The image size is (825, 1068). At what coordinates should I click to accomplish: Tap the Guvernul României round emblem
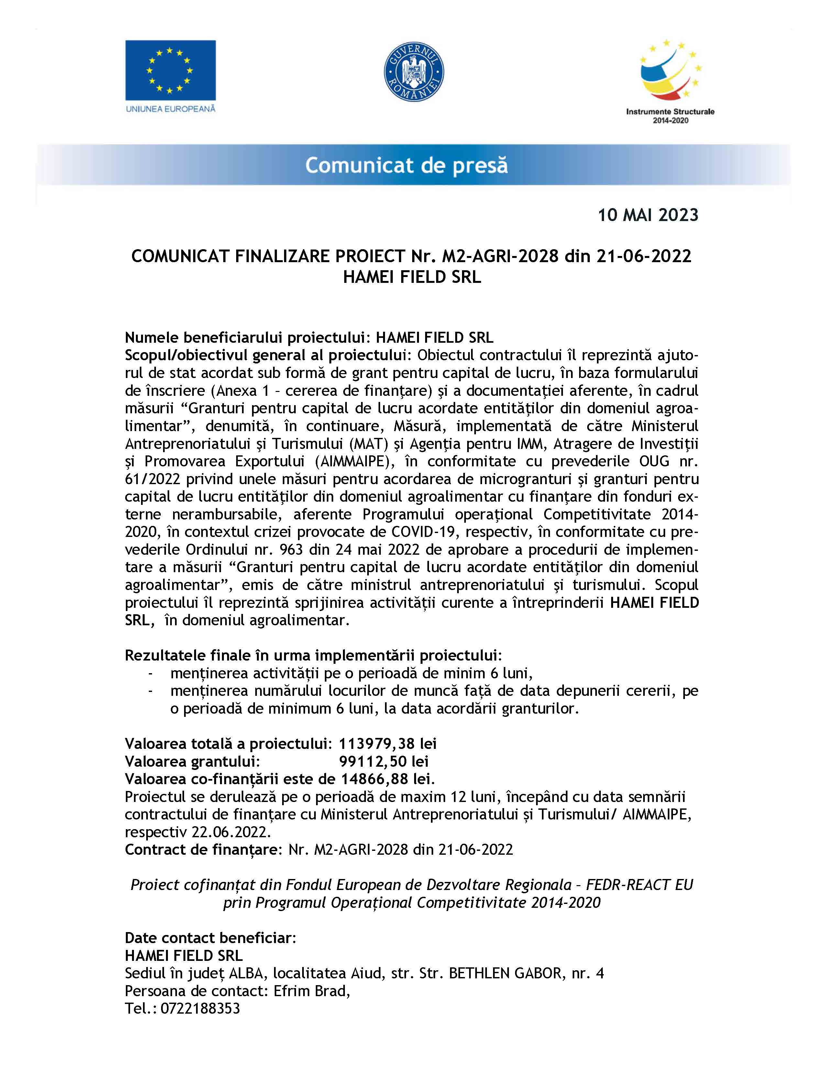pyautogui.click(x=413, y=72)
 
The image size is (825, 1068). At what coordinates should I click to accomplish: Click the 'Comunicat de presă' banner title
pyautogui.click(x=406, y=166)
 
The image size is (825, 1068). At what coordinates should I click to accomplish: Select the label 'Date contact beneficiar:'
pyautogui.click(x=211, y=938)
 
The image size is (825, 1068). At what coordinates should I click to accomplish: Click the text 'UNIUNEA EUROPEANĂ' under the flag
pyautogui.click(x=170, y=108)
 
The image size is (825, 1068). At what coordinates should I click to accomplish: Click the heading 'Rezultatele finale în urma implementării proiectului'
pyautogui.click(x=313, y=655)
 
